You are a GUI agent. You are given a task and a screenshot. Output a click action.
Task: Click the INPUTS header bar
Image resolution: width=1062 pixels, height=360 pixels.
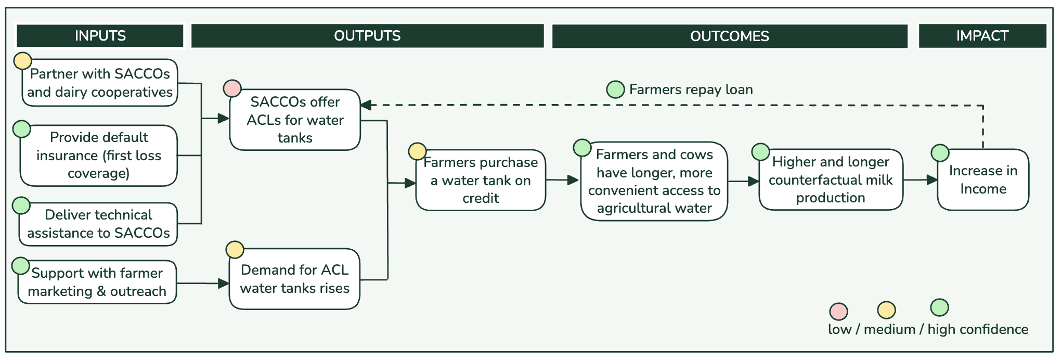[x=100, y=36]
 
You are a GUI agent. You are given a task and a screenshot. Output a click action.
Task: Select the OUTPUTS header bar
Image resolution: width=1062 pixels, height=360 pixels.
[x=367, y=36]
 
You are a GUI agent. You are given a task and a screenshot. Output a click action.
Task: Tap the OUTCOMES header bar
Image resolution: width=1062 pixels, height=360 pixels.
[x=729, y=36]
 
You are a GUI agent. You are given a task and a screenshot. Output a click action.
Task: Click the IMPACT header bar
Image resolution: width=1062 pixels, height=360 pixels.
[x=982, y=36]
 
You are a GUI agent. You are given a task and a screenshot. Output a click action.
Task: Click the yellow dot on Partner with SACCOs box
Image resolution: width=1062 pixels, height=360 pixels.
[x=22, y=61]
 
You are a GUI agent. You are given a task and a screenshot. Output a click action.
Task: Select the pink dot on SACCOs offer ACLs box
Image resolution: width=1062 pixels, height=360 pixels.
[x=232, y=88]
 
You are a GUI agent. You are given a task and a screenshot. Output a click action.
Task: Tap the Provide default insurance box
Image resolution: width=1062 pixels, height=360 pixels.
[x=99, y=156]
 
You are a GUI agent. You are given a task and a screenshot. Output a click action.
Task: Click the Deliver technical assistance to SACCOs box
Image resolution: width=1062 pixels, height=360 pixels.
[x=99, y=224]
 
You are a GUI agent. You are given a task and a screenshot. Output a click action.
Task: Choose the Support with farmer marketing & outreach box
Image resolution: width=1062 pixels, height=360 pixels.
[x=97, y=282]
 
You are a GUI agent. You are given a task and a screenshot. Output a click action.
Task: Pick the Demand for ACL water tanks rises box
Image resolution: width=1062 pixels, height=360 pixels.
[x=294, y=279]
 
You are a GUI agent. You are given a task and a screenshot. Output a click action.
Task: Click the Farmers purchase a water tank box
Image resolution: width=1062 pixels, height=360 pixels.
[x=481, y=181]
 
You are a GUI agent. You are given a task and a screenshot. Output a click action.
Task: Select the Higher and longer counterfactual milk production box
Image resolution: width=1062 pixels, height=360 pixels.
[x=831, y=180]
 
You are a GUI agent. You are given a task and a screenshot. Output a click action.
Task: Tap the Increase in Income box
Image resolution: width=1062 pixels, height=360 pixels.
[x=983, y=180]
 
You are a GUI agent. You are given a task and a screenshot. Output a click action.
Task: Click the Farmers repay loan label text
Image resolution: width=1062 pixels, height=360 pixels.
[x=691, y=89]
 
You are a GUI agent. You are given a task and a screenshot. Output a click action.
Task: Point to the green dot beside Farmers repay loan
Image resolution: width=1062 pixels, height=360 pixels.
[x=615, y=89]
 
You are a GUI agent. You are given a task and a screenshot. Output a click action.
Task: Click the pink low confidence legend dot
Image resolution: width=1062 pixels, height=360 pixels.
[x=838, y=312]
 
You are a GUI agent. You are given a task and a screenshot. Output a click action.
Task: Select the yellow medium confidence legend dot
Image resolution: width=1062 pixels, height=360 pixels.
[x=886, y=311]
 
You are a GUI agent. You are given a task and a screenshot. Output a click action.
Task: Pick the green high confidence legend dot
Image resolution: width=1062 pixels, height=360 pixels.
[x=939, y=307]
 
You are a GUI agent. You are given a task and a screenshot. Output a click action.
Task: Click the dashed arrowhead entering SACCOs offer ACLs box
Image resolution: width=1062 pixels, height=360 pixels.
[x=366, y=105]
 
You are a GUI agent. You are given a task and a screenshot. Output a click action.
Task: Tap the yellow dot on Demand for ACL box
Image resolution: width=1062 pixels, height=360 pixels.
[x=235, y=250]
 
